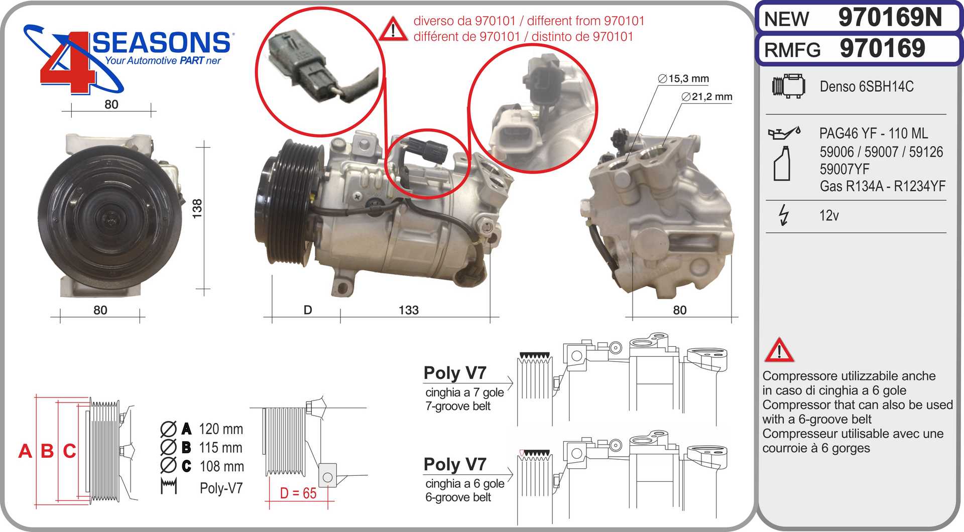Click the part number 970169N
(x=890, y=18)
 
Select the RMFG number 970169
(x=882, y=49)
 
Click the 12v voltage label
(x=828, y=215)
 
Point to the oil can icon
(x=784, y=133)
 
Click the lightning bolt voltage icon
(x=783, y=215)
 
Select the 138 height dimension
(x=197, y=208)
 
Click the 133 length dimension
(x=408, y=310)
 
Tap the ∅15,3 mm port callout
(x=683, y=78)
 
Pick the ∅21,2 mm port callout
(x=707, y=96)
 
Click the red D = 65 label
(x=298, y=493)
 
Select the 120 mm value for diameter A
(x=221, y=429)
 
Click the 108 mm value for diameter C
(x=221, y=466)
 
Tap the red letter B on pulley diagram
(x=47, y=451)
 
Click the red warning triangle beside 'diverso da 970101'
(x=393, y=30)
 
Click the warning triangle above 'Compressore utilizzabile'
(x=779, y=351)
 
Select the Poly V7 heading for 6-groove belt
(x=454, y=464)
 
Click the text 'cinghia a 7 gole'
(x=464, y=392)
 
